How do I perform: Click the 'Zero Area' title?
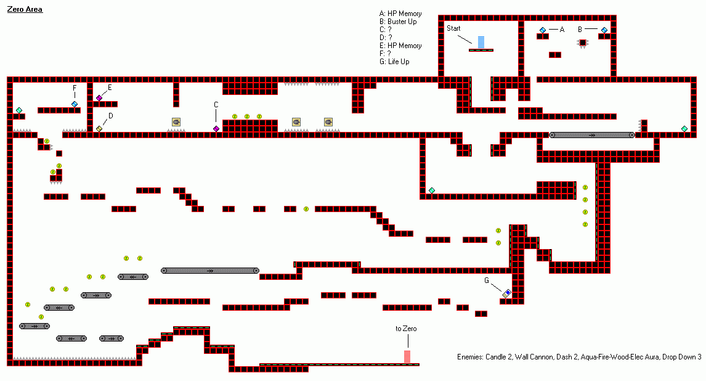click(x=25, y=9)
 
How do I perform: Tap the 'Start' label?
click(x=453, y=28)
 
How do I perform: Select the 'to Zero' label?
click(x=406, y=329)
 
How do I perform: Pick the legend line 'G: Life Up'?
click(x=394, y=62)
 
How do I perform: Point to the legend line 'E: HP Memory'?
click(x=401, y=46)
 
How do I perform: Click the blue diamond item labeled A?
click(x=543, y=30)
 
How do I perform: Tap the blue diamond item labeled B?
click(x=604, y=30)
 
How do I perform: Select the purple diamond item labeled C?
click(x=216, y=129)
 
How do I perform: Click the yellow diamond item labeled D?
click(x=99, y=129)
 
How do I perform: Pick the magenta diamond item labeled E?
click(x=99, y=98)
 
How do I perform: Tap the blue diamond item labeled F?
click(x=75, y=104)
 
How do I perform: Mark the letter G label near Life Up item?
click(x=487, y=281)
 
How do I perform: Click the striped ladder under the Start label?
click(x=481, y=42)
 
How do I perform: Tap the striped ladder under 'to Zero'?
click(x=407, y=356)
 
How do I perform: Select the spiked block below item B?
click(x=582, y=43)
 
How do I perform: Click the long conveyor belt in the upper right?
click(x=592, y=135)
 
